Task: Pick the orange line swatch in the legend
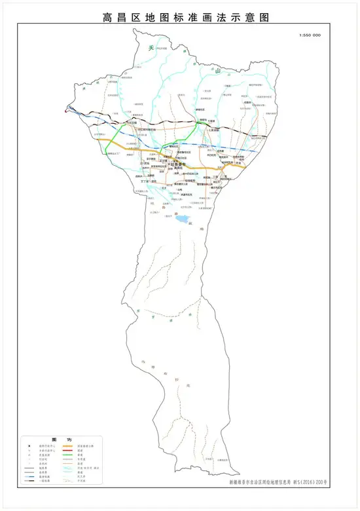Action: [67, 449]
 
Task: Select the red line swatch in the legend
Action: [67, 453]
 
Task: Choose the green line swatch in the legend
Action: [67, 459]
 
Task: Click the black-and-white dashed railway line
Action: [164, 123]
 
